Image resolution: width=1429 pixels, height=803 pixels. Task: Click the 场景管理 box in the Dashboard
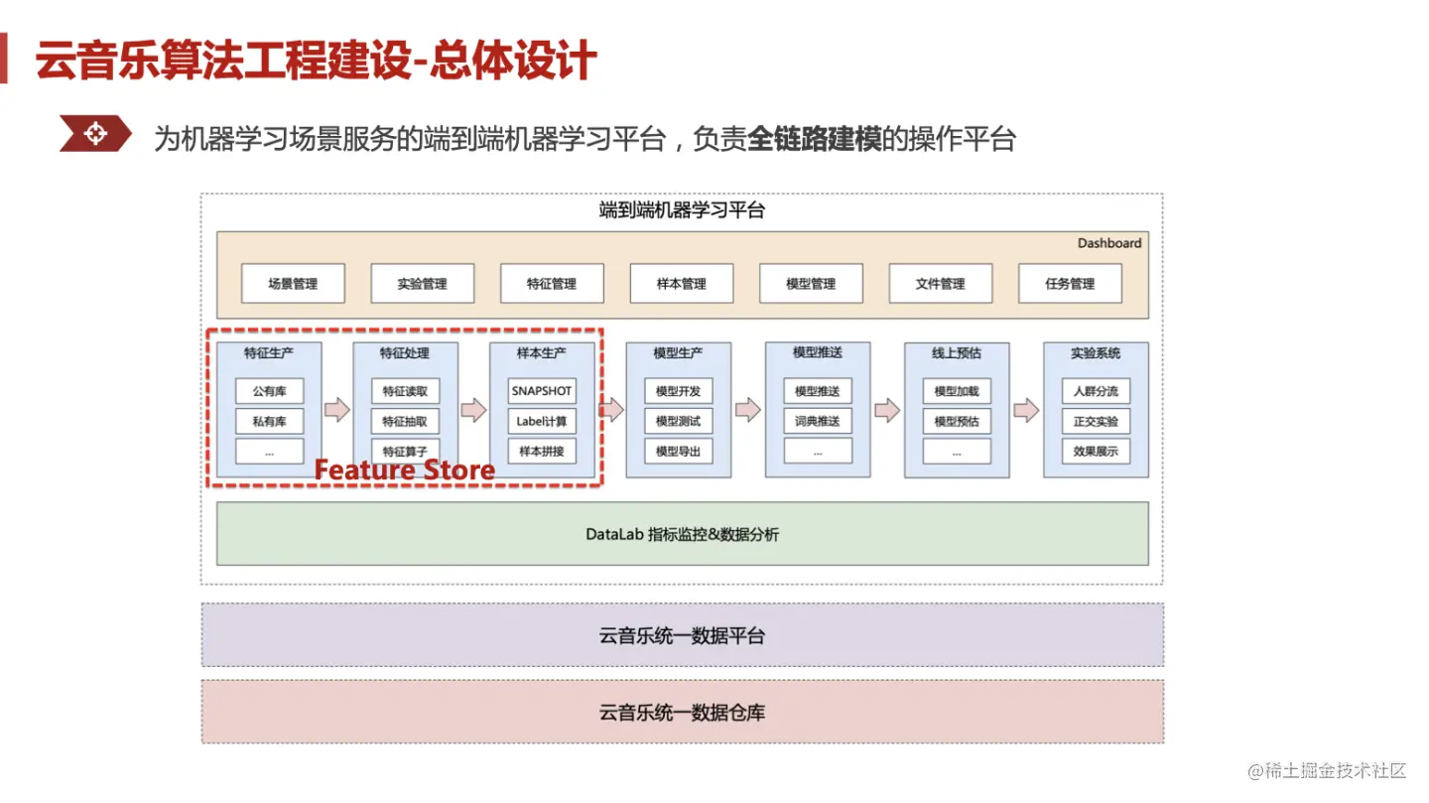(293, 284)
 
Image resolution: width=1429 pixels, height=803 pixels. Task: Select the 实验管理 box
(422, 284)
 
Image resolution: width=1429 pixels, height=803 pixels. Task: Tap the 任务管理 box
(1070, 284)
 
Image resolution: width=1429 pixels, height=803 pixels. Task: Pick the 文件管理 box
(940, 284)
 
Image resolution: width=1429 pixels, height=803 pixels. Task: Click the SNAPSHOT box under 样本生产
(542, 391)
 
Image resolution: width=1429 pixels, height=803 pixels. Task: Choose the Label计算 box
(542, 421)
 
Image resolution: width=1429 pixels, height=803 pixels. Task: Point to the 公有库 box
(269, 391)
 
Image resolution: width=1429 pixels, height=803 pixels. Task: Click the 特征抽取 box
(405, 421)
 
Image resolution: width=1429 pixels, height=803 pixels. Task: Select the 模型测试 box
(678, 421)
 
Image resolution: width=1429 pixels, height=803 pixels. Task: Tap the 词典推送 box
(818, 421)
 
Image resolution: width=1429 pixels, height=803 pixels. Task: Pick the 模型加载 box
(957, 391)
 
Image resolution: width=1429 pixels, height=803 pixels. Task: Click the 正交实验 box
(1096, 421)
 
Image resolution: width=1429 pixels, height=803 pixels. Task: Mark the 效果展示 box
(1096, 451)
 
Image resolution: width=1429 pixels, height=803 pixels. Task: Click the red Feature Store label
(405, 469)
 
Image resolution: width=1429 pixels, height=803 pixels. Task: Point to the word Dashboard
(1109, 243)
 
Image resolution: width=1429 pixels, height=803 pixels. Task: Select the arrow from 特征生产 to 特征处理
(337, 410)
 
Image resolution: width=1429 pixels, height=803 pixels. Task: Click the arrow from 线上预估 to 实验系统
(1026, 410)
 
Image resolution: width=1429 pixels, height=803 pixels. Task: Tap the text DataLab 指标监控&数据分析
(682, 535)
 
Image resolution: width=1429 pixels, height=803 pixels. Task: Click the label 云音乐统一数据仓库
(682, 713)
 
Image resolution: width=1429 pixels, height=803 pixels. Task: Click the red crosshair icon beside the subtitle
(94, 133)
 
